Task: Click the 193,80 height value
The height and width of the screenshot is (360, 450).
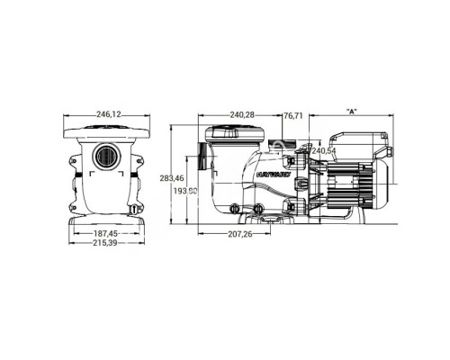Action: point(184,192)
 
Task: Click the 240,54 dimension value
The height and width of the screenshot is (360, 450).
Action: point(321,151)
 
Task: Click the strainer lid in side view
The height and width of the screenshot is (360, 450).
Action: point(236,132)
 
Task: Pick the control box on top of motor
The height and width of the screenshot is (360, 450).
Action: point(355,143)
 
